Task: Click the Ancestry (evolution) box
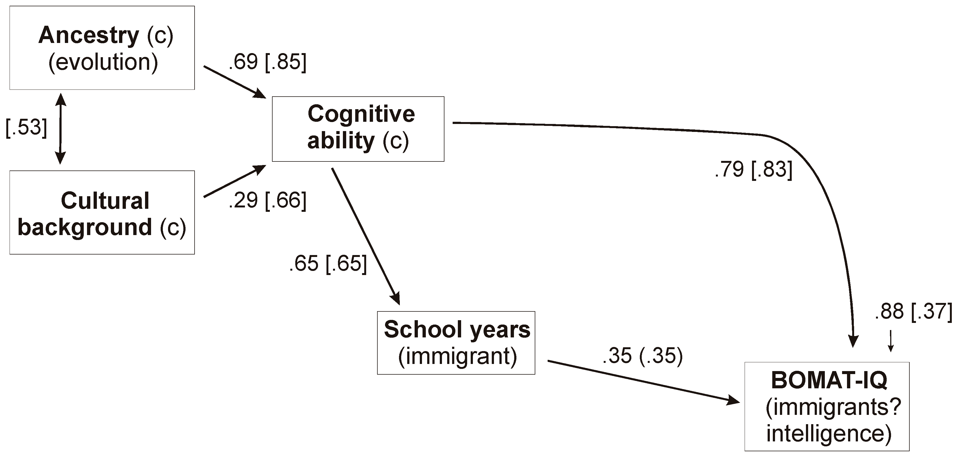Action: (102, 48)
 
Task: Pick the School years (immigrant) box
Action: (456, 343)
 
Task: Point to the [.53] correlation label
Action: (26, 128)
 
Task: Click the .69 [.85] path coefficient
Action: (267, 62)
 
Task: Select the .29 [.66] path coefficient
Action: (267, 200)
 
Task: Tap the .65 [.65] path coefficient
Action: (328, 264)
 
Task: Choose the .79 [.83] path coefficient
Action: (753, 169)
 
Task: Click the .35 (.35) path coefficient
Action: (643, 356)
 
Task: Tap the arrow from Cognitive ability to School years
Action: (366, 236)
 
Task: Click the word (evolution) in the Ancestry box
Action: (103, 62)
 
